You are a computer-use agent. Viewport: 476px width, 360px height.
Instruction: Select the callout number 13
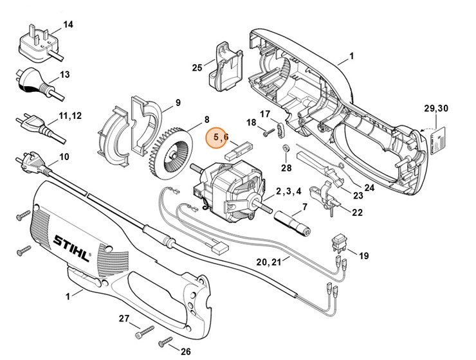64,75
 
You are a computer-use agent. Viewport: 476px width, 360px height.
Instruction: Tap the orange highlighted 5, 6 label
217,136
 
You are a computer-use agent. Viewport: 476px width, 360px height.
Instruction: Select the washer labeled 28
284,150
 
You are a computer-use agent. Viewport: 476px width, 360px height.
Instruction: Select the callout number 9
177,102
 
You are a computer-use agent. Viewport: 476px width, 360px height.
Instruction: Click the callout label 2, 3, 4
289,192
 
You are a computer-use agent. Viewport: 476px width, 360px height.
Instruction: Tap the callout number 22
357,212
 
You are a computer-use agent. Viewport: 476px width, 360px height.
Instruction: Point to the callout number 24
368,188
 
